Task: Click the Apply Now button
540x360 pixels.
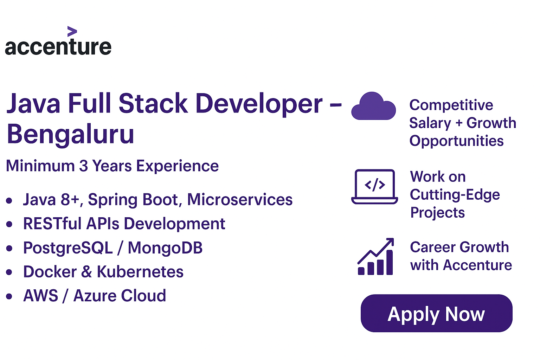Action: pyautogui.click(x=436, y=313)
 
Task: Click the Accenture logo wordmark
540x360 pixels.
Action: pyautogui.click(x=58, y=47)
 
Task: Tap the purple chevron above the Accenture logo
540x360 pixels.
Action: pyautogui.click(x=72, y=31)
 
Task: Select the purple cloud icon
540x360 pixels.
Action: pyautogui.click(x=373, y=106)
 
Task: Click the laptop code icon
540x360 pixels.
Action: pyautogui.click(x=375, y=186)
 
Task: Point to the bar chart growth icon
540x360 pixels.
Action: pyautogui.click(x=375, y=257)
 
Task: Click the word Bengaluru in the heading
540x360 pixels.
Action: pyautogui.click(x=70, y=134)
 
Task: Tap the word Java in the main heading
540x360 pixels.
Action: pyautogui.click(x=33, y=103)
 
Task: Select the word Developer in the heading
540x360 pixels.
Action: pyautogui.click(x=259, y=103)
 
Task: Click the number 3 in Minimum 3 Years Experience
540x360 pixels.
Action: pyautogui.click(x=83, y=166)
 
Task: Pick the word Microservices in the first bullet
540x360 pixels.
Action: pyautogui.click(x=240, y=200)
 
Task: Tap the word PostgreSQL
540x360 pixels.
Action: pyautogui.click(x=68, y=247)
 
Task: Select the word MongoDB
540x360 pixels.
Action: pyautogui.click(x=165, y=247)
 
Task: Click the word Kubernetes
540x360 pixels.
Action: pyautogui.click(x=140, y=272)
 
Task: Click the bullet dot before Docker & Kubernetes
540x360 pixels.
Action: pyautogui.click(x=9, y=272)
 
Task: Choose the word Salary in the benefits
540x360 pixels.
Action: pyautogui.click(x=430, y=123)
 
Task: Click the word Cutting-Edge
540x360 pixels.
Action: pyautogui.click(x=455, y=195)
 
